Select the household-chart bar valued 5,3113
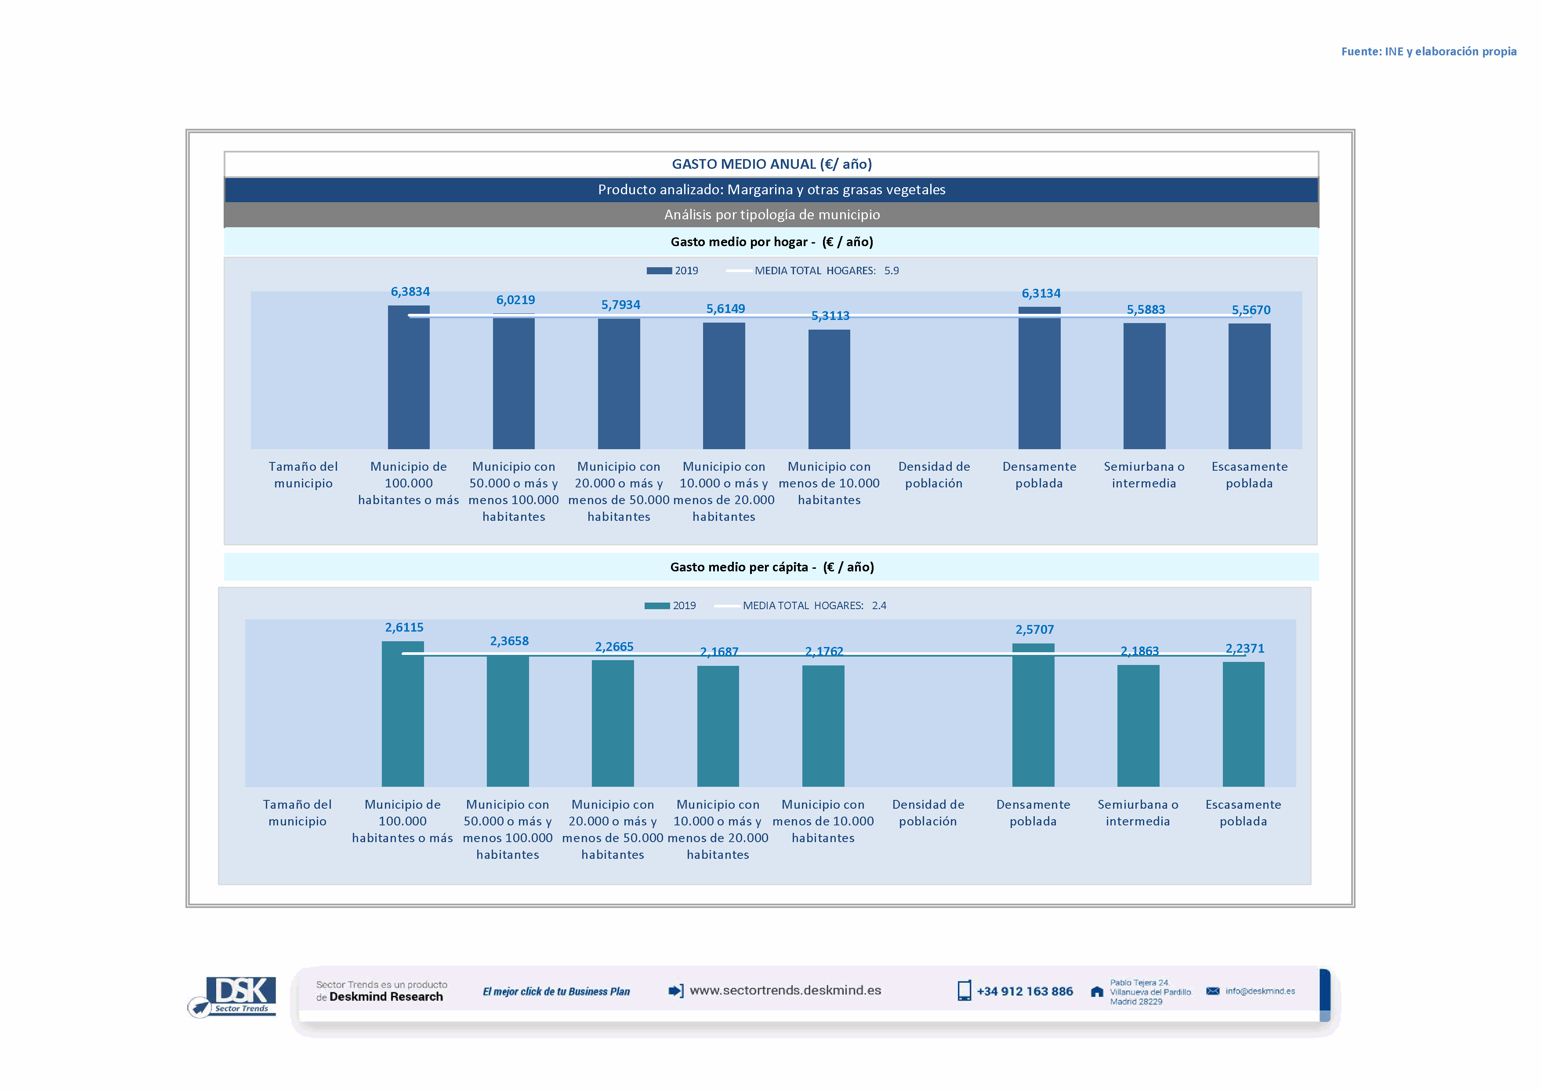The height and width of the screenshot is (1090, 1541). (829, 389)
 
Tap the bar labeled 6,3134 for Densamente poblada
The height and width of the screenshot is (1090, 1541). (1039, 378)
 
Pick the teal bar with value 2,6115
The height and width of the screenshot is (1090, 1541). (402, 713)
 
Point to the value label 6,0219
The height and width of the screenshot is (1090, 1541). (515, 300)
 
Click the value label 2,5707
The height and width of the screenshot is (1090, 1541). (1034, 629)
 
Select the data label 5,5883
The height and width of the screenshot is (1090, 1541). (1146, 309)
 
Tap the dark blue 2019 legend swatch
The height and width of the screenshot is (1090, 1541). (659, 270)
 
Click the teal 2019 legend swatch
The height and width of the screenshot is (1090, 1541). (656, 605)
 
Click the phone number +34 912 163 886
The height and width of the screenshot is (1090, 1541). (1024, 992)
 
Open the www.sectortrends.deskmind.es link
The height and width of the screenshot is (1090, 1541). (785, 991)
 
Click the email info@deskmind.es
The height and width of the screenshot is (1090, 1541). (1260, 992)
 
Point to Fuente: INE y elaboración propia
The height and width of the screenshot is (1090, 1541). (1428, 52)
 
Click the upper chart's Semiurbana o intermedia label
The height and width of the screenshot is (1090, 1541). (1144, 475)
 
